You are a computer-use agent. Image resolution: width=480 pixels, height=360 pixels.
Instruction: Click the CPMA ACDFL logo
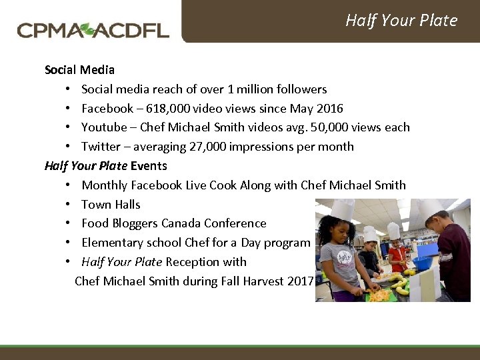[93, 30]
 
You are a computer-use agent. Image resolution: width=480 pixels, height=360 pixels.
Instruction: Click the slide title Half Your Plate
[401, 21]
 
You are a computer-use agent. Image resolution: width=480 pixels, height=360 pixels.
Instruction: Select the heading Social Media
[79, 69]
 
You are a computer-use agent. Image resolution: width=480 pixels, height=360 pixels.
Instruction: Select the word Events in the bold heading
[149, 165]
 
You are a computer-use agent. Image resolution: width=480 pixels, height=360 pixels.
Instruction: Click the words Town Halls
[111, 204]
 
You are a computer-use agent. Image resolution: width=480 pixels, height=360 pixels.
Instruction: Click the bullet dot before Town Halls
[69, 205]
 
